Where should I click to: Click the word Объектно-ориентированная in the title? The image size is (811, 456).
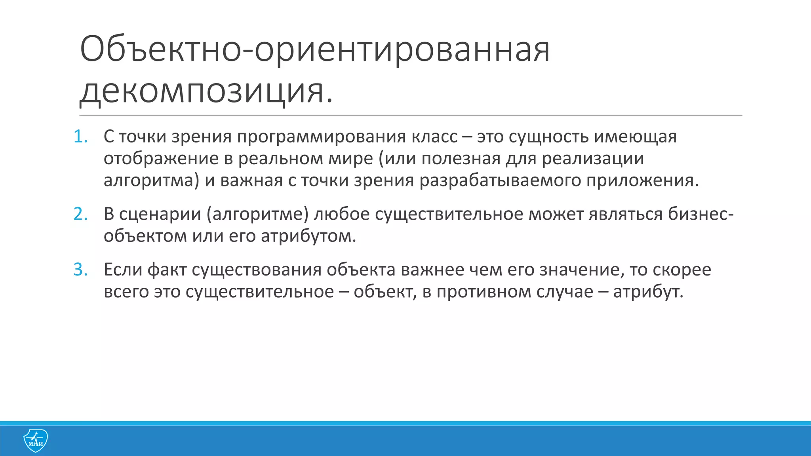[x=315, y=50]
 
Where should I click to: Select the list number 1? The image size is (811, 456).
[x=80, y=137]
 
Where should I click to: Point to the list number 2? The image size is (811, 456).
[x=80, y=214]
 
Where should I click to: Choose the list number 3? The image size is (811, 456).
[x=80, y=270]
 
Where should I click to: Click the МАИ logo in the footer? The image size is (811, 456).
[x=35, y=440]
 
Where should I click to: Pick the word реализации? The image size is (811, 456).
[x=592, y=159]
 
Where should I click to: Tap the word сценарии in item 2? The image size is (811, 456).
[x=160, y=214]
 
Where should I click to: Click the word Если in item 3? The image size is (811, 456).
[x=123, y=270]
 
